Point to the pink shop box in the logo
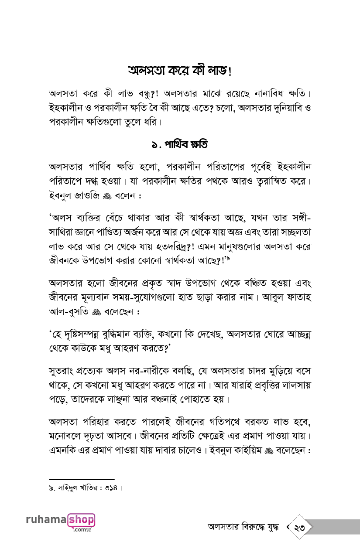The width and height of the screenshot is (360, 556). [81, 520]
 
